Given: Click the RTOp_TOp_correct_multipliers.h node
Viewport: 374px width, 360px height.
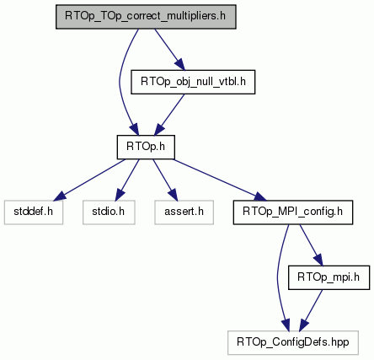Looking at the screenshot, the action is pyautogui.click(x=146, y=17).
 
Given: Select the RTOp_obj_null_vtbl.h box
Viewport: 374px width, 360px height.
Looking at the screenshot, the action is pyautogui.click(x=193, y=82).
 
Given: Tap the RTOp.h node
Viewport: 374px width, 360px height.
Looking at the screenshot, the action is pyautogui.click(x=146, y=147).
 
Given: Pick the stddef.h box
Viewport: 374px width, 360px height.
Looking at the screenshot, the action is pyautogui.click(x=34, y=212).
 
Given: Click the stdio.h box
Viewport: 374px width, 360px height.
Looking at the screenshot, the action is pyautogui.click(x=109, y=212).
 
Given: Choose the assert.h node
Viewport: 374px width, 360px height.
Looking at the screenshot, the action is pyautogui.click(x=184, y=212).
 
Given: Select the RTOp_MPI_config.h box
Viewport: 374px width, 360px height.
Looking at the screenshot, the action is pyautogui.click(x=293, y=212).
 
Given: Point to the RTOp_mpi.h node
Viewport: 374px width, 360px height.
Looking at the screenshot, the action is pyautogui.click(x=329, y=277).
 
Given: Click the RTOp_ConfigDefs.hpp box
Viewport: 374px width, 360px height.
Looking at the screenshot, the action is pyautogui.click(x=293, y=342).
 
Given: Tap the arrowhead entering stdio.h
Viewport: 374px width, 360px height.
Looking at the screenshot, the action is pyautogui.click(x=120, y=196).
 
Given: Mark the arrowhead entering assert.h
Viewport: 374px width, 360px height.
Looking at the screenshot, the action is pyautogui.click(x=173, y=196).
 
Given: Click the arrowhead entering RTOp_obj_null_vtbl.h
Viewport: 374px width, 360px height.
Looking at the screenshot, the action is pyautogui.click(x=180, y=65).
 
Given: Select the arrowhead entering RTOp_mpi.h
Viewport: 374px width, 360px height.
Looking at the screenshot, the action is pyautogui.click(x=318, y=261).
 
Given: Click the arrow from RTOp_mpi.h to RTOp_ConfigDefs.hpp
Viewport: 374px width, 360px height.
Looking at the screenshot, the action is pyautogui.click(x=312, y=310).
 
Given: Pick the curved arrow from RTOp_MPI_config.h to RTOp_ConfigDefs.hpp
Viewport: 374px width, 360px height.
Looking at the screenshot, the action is pyautogui.click(x=278, y=277).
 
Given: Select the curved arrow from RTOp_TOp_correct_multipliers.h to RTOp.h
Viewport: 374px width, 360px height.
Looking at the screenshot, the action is pyautogui.click(x=120, y=82).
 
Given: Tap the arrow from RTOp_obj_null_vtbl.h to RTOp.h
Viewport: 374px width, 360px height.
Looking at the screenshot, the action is pyautogui.click(x=169, y=115).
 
